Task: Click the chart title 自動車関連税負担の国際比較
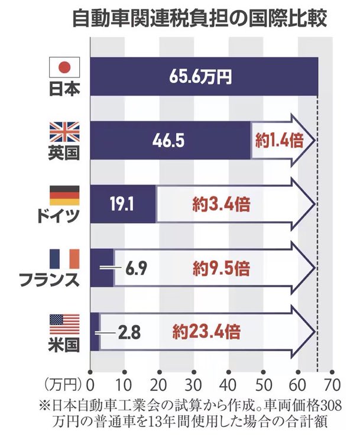point(200,19)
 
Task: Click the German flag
point(63,196)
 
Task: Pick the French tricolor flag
point(63,258)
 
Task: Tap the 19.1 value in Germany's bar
point(123,205)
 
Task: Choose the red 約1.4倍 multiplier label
point(275,141)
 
